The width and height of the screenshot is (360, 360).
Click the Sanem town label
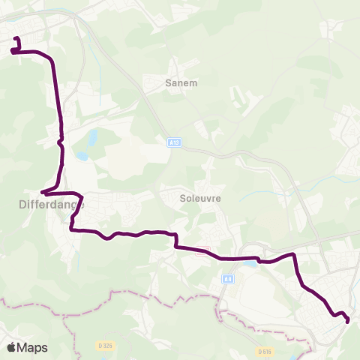(181, 83)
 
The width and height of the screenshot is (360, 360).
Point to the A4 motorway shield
(228, 279)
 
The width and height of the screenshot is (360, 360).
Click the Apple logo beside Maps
(12, 347)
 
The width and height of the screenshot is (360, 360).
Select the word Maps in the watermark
(32, 347)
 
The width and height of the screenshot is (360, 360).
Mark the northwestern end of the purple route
(16, 38)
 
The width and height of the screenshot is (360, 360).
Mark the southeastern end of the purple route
(348, 321)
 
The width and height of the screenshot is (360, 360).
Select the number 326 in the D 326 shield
(108, 345)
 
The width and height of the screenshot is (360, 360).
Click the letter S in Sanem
(168, 83)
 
